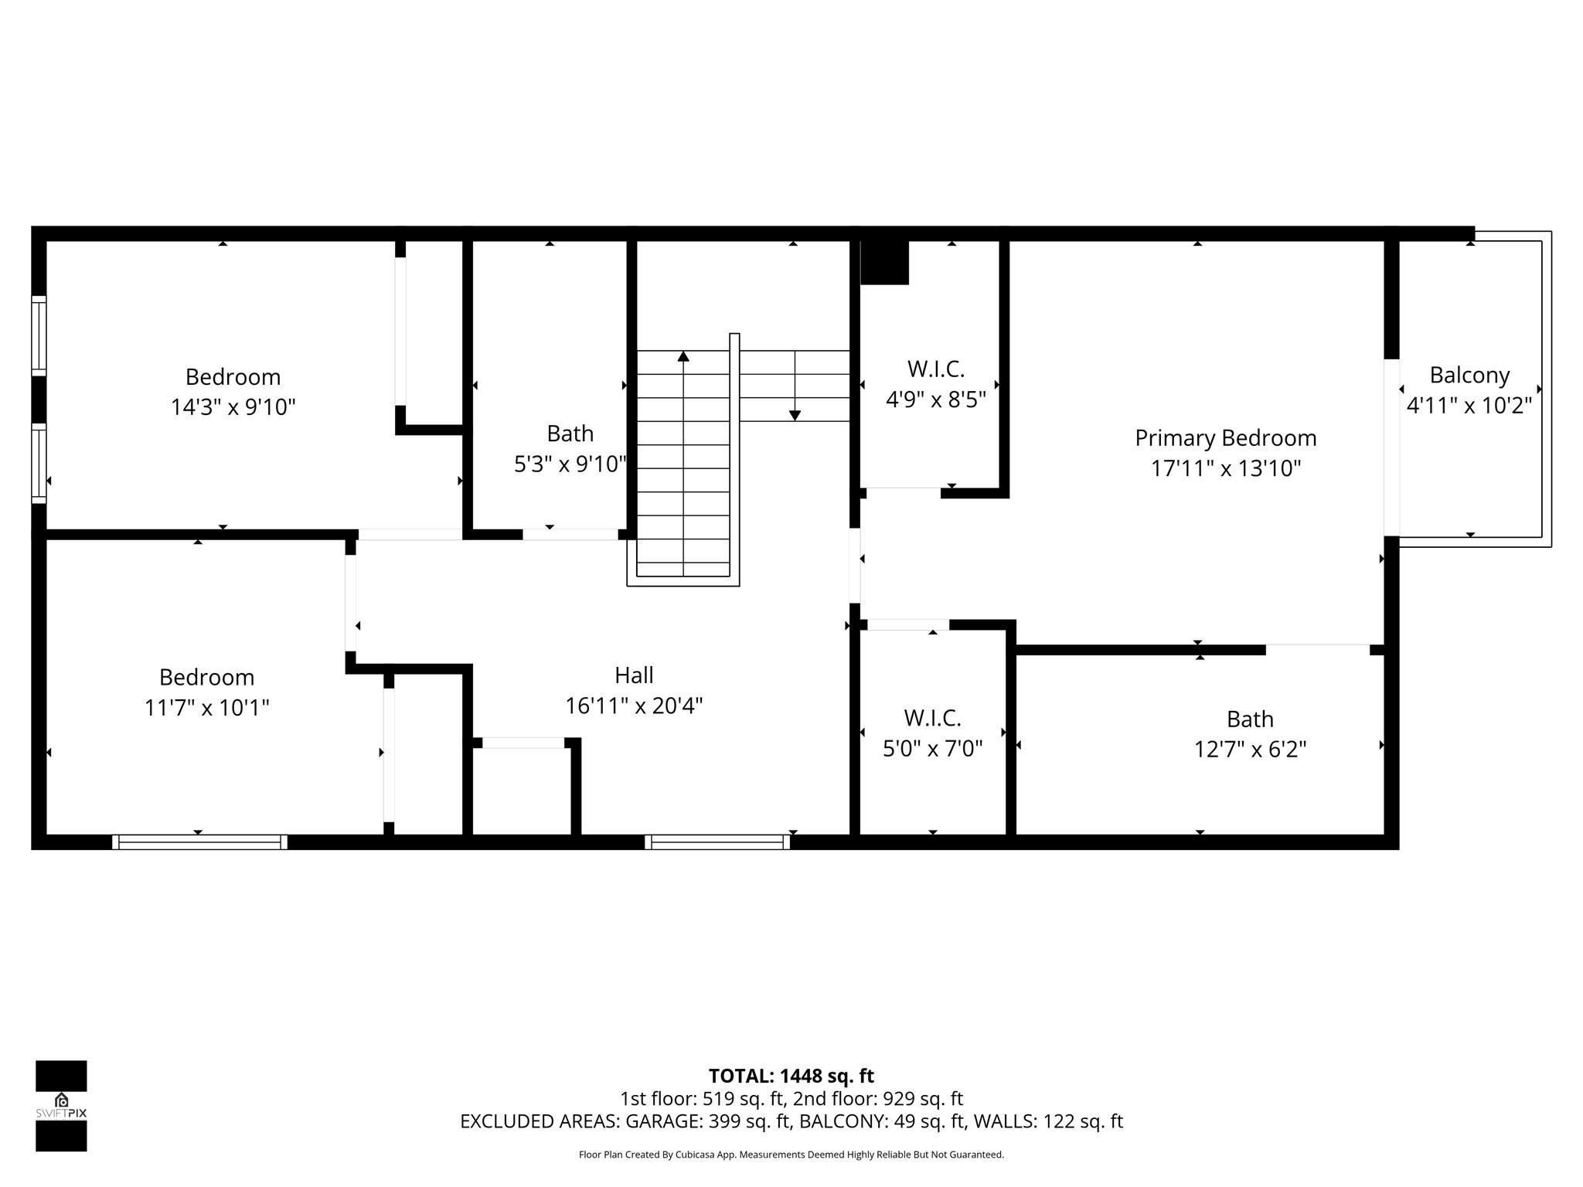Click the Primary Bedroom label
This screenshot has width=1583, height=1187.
(x=1225, y=438)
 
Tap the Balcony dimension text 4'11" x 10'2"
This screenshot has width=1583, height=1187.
(x=1469, y=406)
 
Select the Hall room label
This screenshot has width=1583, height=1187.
(x=634, y=675)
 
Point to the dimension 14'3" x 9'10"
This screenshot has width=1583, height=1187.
(x=233, y=407)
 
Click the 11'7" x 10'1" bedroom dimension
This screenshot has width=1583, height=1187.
(x=206, y=708)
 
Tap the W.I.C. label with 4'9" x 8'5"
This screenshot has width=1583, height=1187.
(x=935, y=369)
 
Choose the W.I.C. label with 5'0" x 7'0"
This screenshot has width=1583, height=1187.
(x=932, y=719)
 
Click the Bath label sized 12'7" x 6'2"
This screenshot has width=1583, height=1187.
(x=1250, y=719)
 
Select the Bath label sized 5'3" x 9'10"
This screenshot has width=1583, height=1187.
(x=570, y=434)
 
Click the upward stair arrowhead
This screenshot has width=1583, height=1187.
(x=683, y=356)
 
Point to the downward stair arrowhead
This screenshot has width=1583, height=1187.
(x=795, y=416)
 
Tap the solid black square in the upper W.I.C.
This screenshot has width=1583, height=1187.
(x=884, y=263)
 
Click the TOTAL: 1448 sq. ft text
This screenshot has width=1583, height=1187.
(x=791, y=1076)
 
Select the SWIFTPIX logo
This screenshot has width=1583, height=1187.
(x=61, y=1106)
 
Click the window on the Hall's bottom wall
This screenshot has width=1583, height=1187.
(x=717, y=842)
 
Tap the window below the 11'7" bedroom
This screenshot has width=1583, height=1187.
(x=199, y=842)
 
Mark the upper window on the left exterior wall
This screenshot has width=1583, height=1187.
(x=39, y=335)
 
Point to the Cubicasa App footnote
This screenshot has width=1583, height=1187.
(x=791, y=1155)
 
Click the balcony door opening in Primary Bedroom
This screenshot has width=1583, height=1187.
(x=1391, y=447)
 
